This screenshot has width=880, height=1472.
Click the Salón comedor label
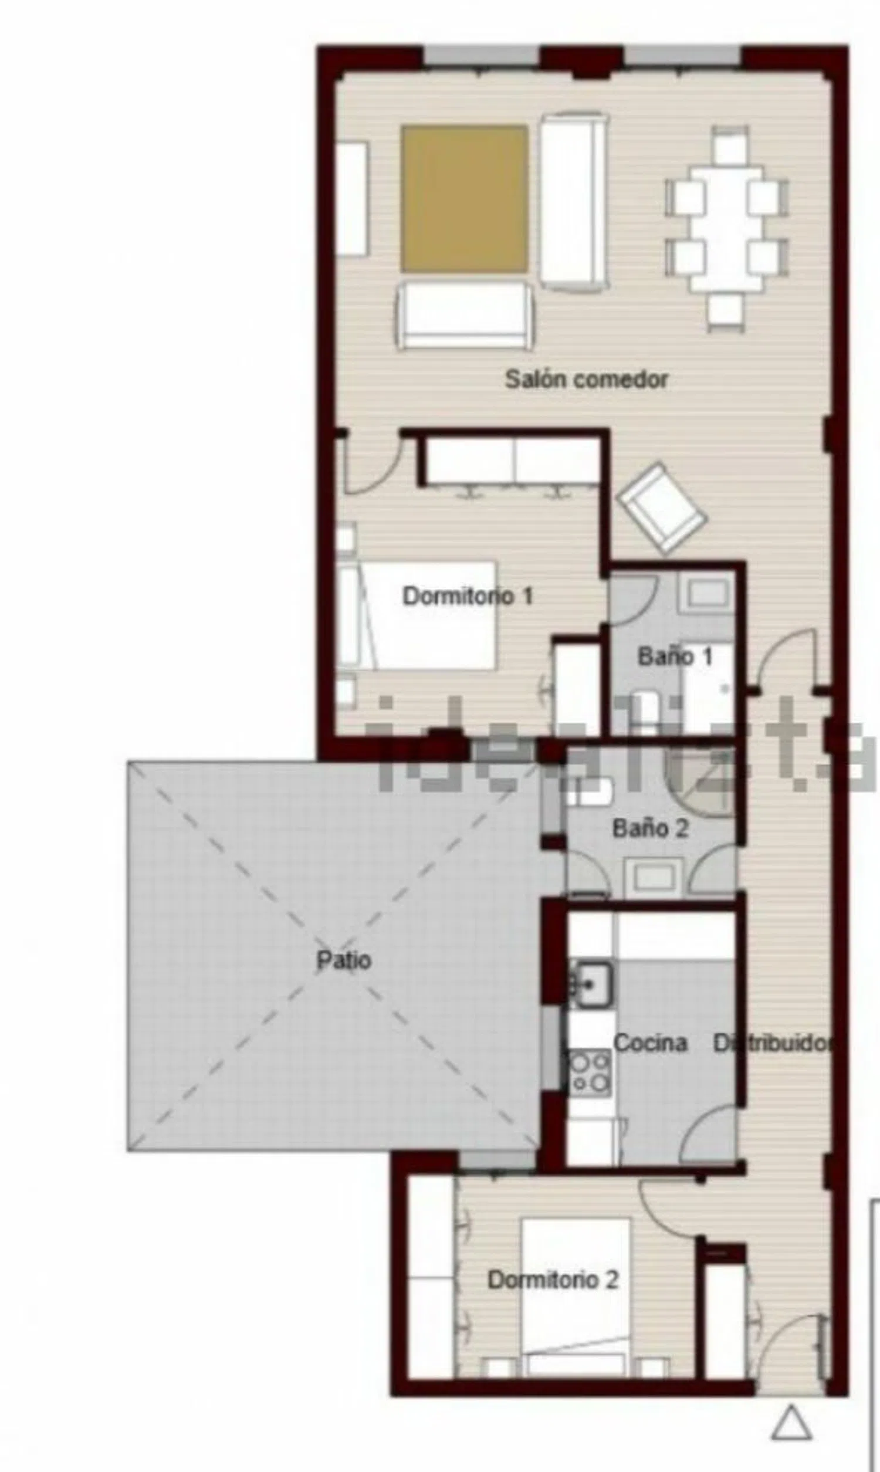(587, 380)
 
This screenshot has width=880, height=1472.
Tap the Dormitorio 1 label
(468, 596)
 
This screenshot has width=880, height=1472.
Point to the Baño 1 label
(675, 657)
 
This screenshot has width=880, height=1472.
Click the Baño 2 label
(651, 828)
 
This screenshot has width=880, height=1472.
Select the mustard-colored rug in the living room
(464, 199)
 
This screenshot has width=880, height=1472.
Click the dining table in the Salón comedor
(726, 229)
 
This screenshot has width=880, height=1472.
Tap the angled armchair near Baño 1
(662, 508)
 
